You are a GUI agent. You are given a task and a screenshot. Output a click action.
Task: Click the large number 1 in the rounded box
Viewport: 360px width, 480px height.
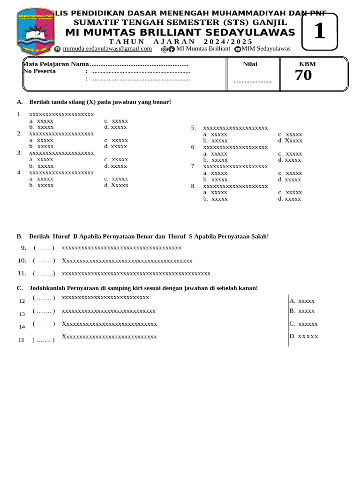click(x=319, y=31)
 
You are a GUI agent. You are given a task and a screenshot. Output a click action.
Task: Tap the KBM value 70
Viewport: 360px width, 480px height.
click(x=303, y=75)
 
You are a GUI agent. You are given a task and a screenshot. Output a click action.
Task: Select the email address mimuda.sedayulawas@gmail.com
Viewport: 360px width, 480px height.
click(x=107, y=49)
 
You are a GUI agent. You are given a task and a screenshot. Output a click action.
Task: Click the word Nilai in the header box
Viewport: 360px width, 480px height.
click(x=250, y=64)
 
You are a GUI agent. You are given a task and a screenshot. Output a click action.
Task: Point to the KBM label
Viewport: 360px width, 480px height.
click(x=307, y=64)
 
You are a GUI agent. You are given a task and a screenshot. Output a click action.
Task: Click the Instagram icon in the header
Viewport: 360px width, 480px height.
click(x=164, y=49)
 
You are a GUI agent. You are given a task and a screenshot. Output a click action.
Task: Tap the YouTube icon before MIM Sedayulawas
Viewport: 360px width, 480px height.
click(x=238, y=49)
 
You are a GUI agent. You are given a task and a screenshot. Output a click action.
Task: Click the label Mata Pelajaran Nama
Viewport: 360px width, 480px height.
click(x=55, y=64)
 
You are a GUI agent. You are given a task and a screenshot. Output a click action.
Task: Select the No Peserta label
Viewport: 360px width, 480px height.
click(x=39, y=71)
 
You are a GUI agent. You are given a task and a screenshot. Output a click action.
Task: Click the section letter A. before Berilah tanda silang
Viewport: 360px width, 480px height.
click(x=20, y=102)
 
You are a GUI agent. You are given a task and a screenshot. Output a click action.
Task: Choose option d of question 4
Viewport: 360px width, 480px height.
click(x=116, y=185)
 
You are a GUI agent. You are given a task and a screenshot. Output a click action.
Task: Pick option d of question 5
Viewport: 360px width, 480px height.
click(x=290, y=141)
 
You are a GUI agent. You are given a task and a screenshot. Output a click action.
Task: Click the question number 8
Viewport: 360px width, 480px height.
click(x=193, y=186)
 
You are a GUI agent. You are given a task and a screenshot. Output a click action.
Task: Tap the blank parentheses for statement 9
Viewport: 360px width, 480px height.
click(x=44, y=248)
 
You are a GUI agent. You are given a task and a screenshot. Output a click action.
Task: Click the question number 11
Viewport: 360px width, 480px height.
click(x=22, y=273)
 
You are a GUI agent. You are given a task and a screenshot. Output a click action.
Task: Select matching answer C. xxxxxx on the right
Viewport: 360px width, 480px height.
click(x=303, y=324)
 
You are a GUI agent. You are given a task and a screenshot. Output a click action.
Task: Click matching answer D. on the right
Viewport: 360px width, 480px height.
click(x=303, y=336)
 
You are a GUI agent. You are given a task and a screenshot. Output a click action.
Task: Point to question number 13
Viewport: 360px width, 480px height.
click(x=22, y=314)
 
